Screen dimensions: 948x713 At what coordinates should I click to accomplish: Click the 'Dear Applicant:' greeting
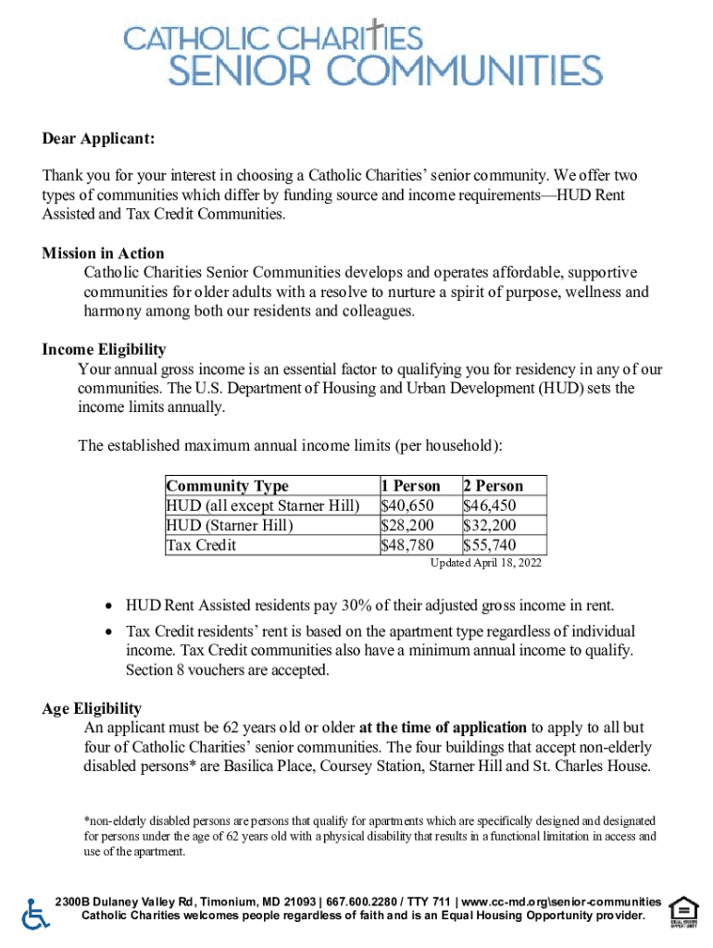(x=98, y=139)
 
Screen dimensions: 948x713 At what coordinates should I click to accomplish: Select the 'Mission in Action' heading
(x=103, y=254)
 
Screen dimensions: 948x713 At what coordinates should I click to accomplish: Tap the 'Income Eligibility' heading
(x=104, y=349)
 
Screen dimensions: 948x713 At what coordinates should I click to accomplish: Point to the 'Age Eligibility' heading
(x=92, y=708)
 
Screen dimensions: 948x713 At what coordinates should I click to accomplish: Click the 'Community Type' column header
(x=227, y=486)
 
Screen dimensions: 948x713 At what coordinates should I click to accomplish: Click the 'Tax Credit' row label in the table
(x=201, y=544)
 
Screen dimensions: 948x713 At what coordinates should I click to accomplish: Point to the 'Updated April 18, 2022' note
(x=486, y=563)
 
